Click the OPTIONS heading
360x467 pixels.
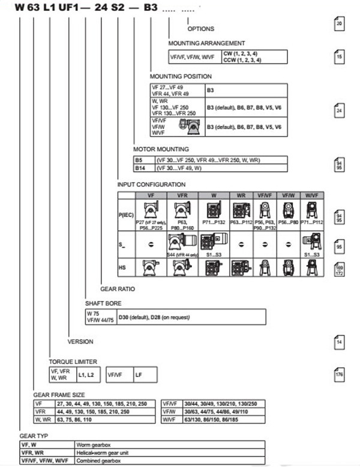pos(200,29)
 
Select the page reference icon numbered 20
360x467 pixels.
pos(339,24)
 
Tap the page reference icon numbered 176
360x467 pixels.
pos(339,376)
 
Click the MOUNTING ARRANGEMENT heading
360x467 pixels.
pos(206,43)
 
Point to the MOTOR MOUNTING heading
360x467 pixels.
pos(161,149)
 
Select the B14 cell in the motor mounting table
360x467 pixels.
pos(140,168)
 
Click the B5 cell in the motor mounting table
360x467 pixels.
pos(140,160)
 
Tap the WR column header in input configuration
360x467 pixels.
pos(240,195)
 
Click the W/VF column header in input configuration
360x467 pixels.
pos(311,195)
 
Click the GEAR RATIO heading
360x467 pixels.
pos(117,289)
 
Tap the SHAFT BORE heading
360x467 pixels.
pos(103,303)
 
